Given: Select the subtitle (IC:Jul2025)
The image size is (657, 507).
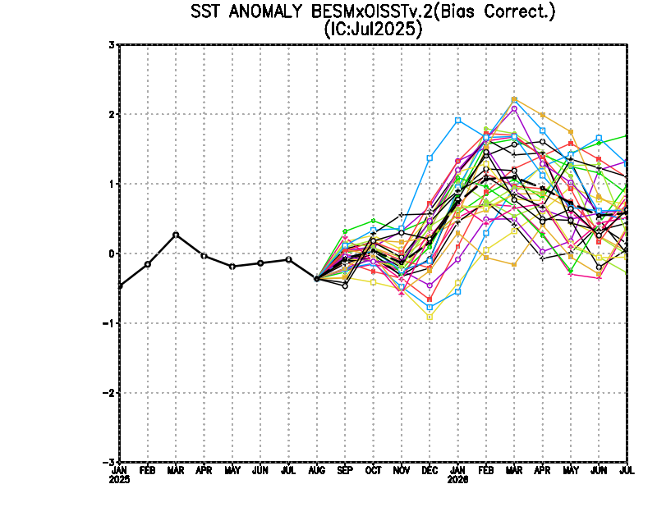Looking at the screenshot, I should tap(374, 30).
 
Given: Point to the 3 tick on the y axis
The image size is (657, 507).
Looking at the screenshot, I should tap(111, 44).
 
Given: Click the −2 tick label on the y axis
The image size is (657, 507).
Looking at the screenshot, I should tap(108, 393).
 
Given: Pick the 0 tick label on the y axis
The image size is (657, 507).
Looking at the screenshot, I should tap(111, 253).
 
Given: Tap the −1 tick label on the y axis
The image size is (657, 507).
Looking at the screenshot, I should tap(108, 323).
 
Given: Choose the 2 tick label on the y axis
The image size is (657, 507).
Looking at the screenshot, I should tap(111, 114).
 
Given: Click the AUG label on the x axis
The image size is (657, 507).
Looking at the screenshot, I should tap(316, 471).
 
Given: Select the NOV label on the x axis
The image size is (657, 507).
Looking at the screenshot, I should tap(401, 471).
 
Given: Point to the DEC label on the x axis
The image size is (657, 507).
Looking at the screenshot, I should tap(429, 471).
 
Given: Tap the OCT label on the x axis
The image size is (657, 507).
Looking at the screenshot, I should tap(373, 471).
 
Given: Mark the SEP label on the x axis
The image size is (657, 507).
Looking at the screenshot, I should tap(345, 471).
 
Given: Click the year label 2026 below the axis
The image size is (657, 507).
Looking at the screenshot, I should tap(457, 479).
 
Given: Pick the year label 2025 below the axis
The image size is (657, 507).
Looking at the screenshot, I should tap(120, 479).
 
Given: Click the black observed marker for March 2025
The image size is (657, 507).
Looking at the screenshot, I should tap(176, 235).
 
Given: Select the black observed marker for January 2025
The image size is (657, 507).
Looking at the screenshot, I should tap(120, 285).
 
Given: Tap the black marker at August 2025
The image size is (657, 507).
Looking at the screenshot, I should tap(317, 279).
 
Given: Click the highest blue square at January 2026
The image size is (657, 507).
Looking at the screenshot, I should tap(457, 121).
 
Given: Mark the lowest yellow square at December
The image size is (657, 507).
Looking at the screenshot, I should tap(430, 317).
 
